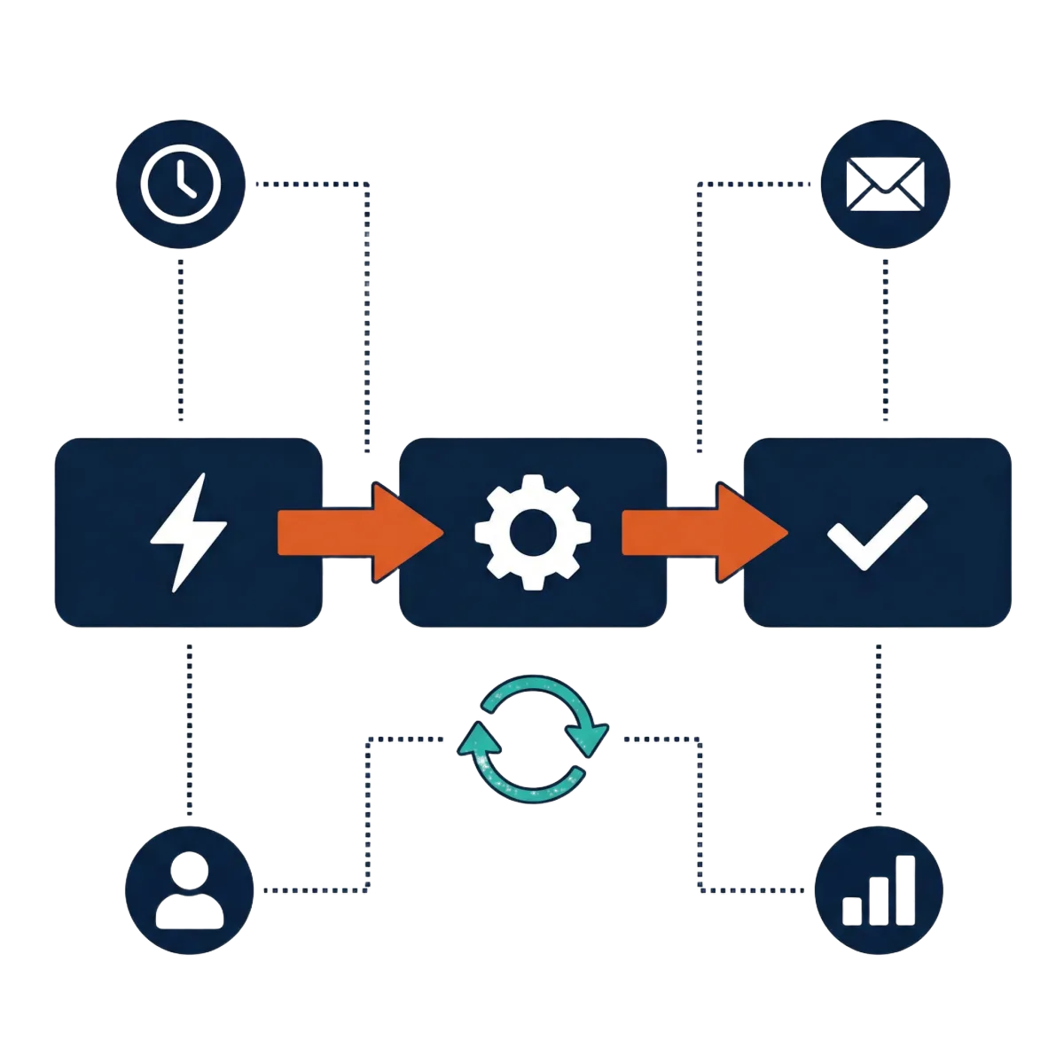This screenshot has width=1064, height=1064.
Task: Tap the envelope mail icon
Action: (x=884, y=184)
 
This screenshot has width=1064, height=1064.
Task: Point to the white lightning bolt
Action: (x=188, y=532)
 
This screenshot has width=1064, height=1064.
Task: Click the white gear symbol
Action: (x=532, y=532)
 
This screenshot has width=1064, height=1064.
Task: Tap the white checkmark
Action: (x=876, y=532)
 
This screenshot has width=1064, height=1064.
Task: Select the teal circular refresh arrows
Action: (x=532, y=732)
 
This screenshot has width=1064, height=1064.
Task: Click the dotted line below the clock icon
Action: (x=181, y=337)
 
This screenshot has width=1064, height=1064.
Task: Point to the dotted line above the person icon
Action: (x=189, y=727)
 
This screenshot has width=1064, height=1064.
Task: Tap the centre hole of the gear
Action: (x=532, y=533)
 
